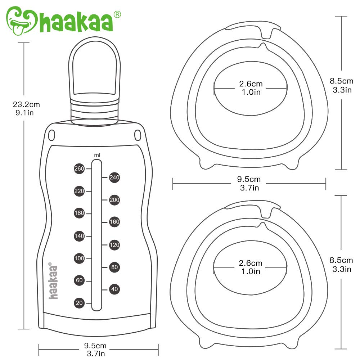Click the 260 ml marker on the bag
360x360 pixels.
pyautogui.click(x=79, y=169)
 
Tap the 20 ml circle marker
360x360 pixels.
pyautogui.click(x=79, y=303)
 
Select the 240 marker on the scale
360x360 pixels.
pyautogui.click(x=114, y=177)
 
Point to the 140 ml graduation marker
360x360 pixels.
pyautogui.click(x=79, y=236)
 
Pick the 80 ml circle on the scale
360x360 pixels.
pyautogui.click(x=114, y=267)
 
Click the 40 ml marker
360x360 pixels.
pyautogui.click(x=114, y=289)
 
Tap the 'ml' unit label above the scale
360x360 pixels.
pyautogui.click(x=97, y=155)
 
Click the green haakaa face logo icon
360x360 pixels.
pyautogui.click(x=21, y=21)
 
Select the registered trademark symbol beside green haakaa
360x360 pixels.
pyautogui.click(x=117, y=15)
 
